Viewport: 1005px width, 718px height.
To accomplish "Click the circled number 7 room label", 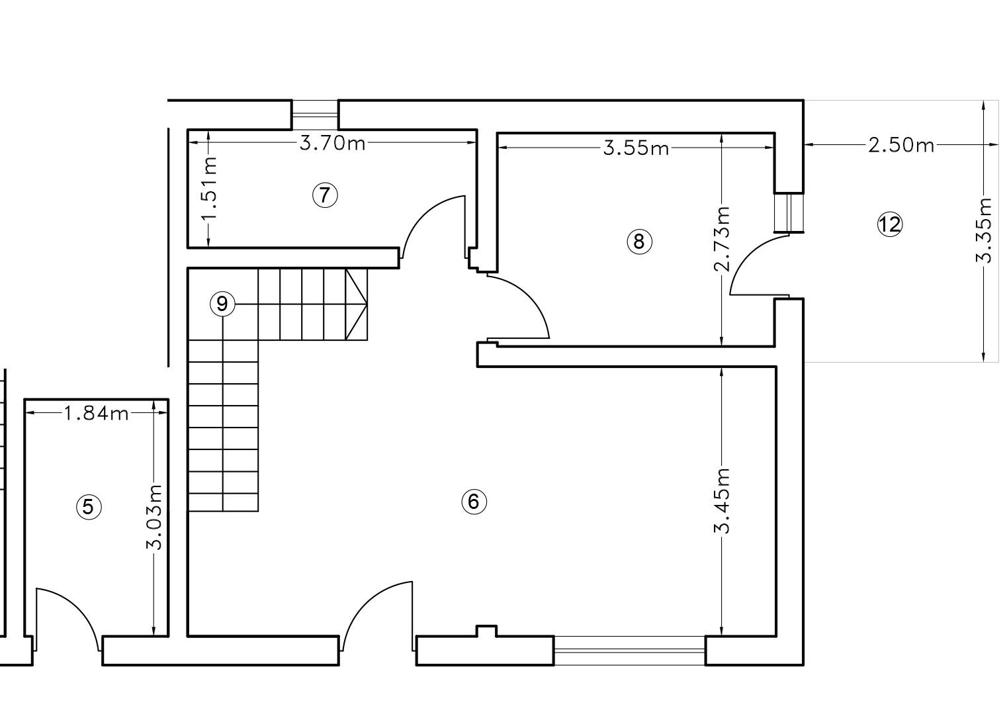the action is [x=324, y=195].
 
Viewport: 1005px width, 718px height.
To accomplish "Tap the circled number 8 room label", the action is [x=639, y=242].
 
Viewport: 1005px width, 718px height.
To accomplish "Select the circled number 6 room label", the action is [x=474, y=501].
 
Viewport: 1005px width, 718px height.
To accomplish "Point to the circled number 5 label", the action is [x=89, y=507].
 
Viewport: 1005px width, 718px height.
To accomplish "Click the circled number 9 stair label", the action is [x=222, y=304].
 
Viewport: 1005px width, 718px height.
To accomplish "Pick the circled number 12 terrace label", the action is [x=890, y=224].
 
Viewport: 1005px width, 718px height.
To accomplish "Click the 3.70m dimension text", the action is [x=332, y=143].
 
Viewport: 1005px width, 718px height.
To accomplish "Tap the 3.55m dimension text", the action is [x=636, y=148].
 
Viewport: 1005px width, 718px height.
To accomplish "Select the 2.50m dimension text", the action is [x=901, y=145].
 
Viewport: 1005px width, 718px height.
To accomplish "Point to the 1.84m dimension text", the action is [x=96, y=414].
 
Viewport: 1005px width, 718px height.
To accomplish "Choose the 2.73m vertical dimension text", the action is [x=722, y=239].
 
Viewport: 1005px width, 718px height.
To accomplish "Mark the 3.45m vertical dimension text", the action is [x=722, y=501].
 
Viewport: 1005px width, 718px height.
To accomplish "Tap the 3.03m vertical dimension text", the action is [x=154, y=517].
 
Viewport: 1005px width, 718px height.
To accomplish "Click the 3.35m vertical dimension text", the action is [x=984, y=230].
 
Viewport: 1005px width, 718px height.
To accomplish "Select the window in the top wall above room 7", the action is [x=315, y=115].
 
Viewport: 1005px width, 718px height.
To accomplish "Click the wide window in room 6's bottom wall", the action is [x=629, y=651].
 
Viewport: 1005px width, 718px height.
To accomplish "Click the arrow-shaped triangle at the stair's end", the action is [x=356, y=304].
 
